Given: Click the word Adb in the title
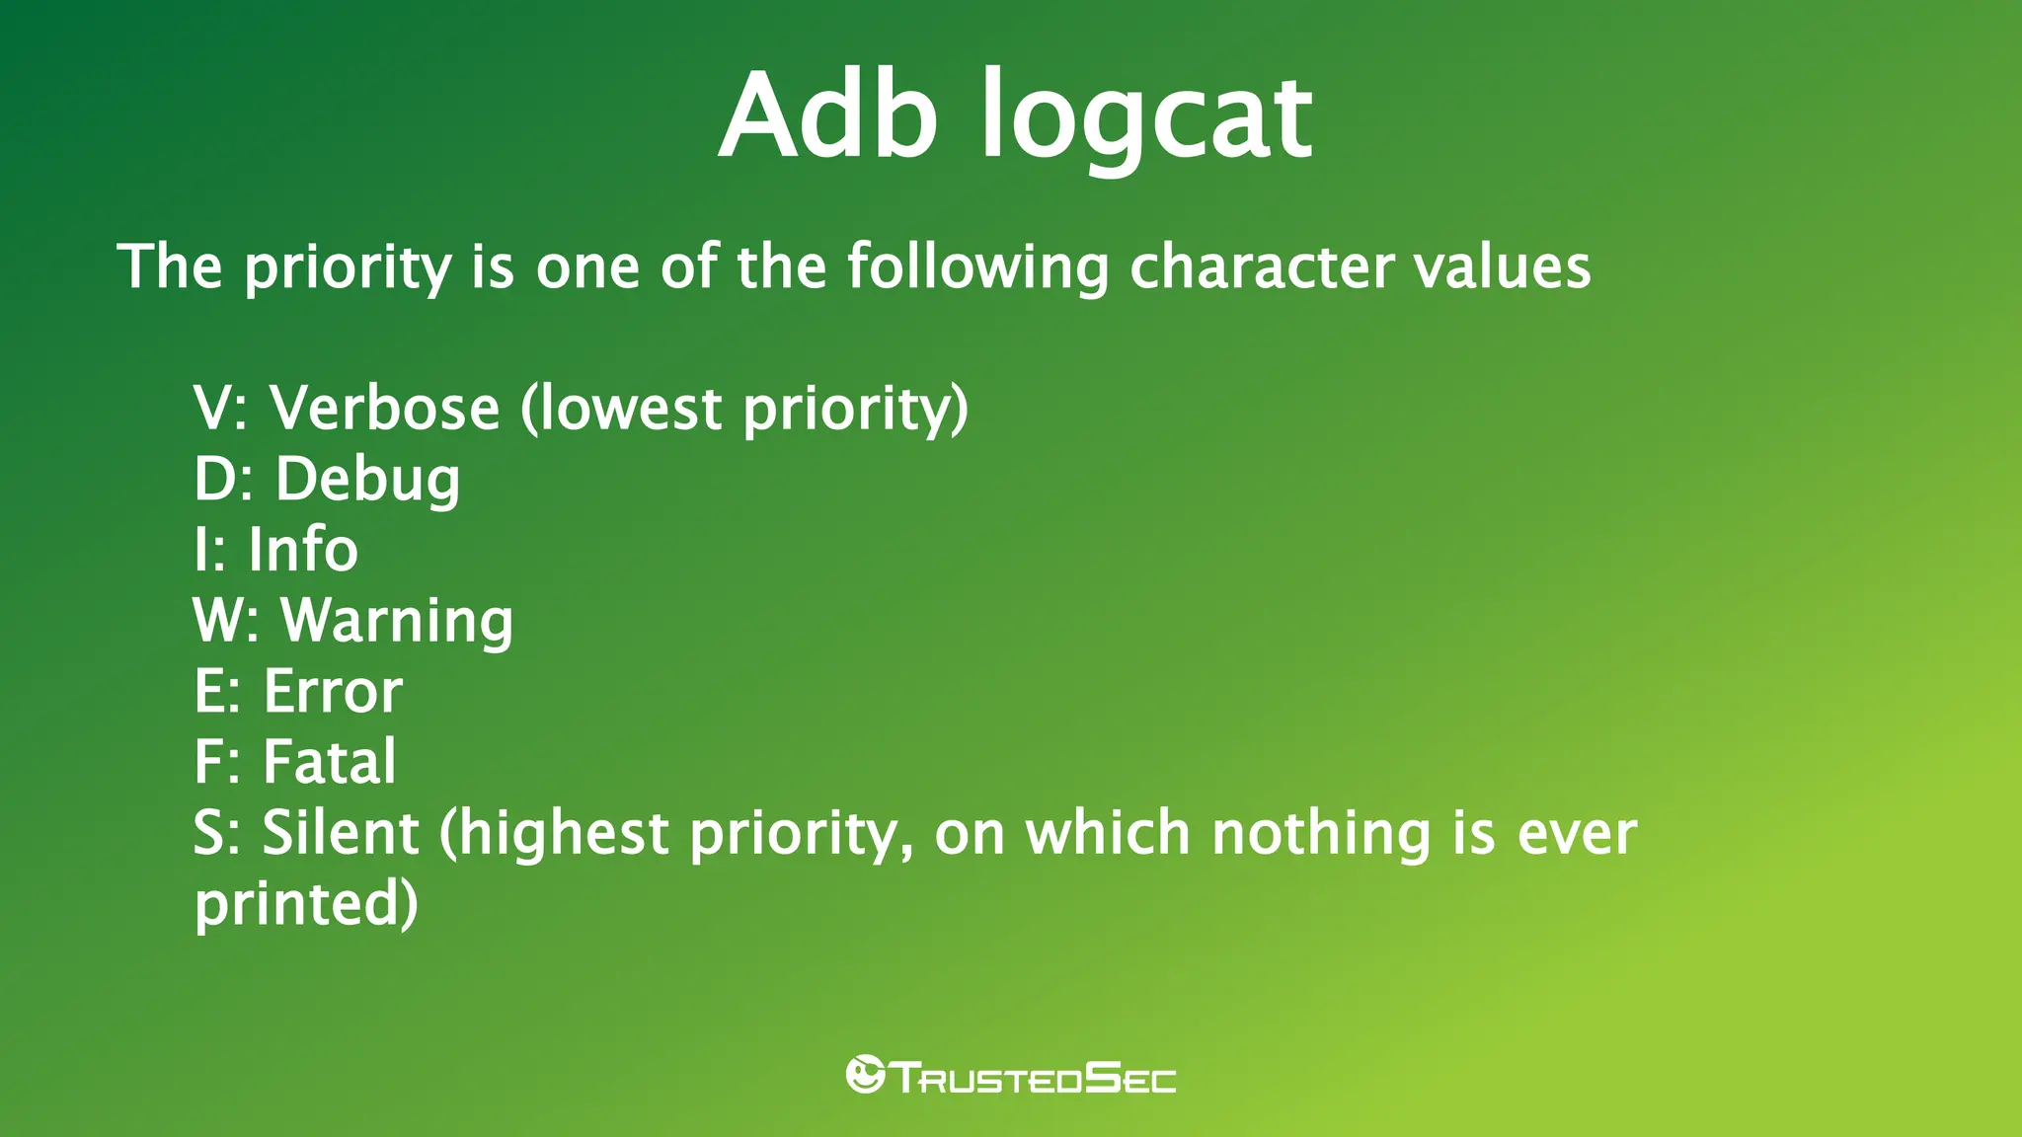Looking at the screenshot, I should (827, 116).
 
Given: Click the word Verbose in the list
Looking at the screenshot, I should (385, 408).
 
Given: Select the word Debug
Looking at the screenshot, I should (367, 481).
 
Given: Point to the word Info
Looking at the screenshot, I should (303, 550).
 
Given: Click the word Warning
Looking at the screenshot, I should (397, 622).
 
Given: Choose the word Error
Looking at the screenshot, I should (333, 691).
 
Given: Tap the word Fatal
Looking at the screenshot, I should (330, 762).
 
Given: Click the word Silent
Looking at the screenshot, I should (341, 833).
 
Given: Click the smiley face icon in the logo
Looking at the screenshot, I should (865, 1074).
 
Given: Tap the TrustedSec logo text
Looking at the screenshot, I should (1034, 1077).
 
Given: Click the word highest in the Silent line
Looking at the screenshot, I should (565, 833).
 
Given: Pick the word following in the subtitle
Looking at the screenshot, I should (977, 268).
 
